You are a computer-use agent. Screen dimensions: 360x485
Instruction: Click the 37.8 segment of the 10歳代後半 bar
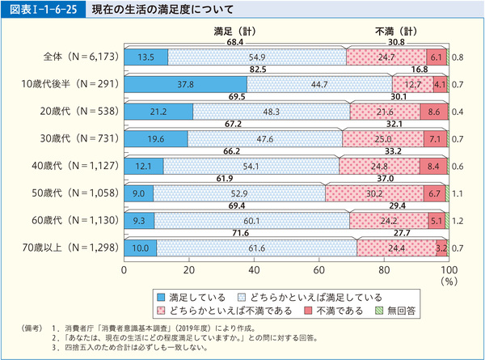click(x=185, y=83)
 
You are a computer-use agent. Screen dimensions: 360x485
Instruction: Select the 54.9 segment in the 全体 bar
click(x=257, y=57)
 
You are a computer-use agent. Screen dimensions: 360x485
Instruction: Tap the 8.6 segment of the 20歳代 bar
click(x=433, y=111)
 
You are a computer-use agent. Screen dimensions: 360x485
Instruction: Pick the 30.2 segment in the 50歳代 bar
click(x=374, y=194)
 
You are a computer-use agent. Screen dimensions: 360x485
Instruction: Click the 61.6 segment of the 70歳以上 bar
click(x=257, y=248)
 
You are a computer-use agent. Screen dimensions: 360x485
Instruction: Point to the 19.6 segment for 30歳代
click(x=155, y=138)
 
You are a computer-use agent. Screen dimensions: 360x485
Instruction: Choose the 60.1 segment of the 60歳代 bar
click(x=252, y=220)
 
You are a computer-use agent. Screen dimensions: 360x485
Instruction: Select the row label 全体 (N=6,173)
click(x=78, y=57)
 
